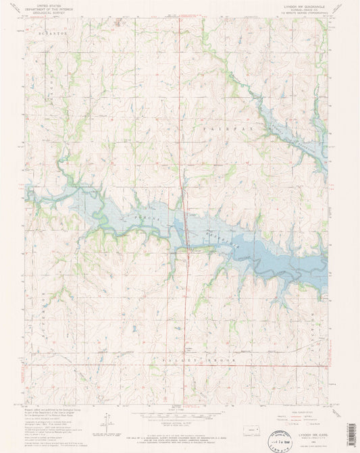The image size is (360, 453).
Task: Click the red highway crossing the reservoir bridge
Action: pos(183,230)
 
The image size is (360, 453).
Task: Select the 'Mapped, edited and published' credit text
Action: pos(54,409)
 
